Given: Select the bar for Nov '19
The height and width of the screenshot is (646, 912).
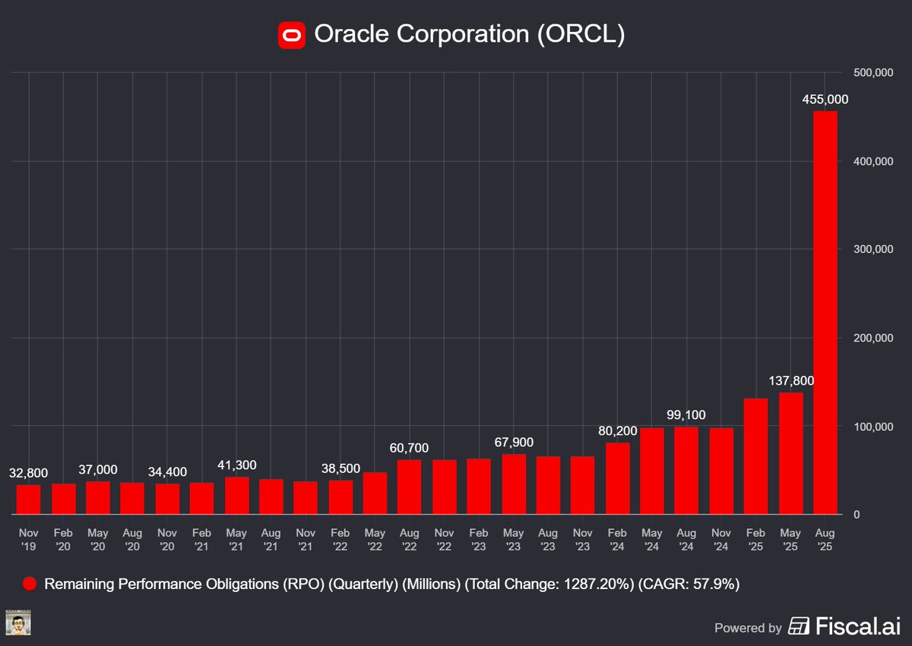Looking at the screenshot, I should coord(28,499).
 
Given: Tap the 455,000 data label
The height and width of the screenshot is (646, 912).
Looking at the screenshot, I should coord(825,99).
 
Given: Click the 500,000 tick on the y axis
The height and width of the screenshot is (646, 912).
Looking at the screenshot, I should coord(871,72).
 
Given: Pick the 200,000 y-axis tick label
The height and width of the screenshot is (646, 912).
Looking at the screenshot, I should coord(871,338).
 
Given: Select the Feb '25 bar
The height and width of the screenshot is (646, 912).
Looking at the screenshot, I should coord(755,456).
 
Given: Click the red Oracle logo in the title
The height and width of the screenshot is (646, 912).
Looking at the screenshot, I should coord(291,34).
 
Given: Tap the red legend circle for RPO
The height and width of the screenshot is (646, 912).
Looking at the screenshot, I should coord(30,584).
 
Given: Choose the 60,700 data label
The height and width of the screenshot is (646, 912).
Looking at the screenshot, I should coord(410,448).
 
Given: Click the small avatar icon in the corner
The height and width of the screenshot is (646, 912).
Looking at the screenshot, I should coord(17,622).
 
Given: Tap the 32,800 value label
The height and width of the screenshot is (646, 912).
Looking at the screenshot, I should coord(28,473).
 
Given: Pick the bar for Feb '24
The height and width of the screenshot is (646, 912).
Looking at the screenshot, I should coord(618,478).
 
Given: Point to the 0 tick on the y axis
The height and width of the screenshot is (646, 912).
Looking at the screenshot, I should coord(857,515).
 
